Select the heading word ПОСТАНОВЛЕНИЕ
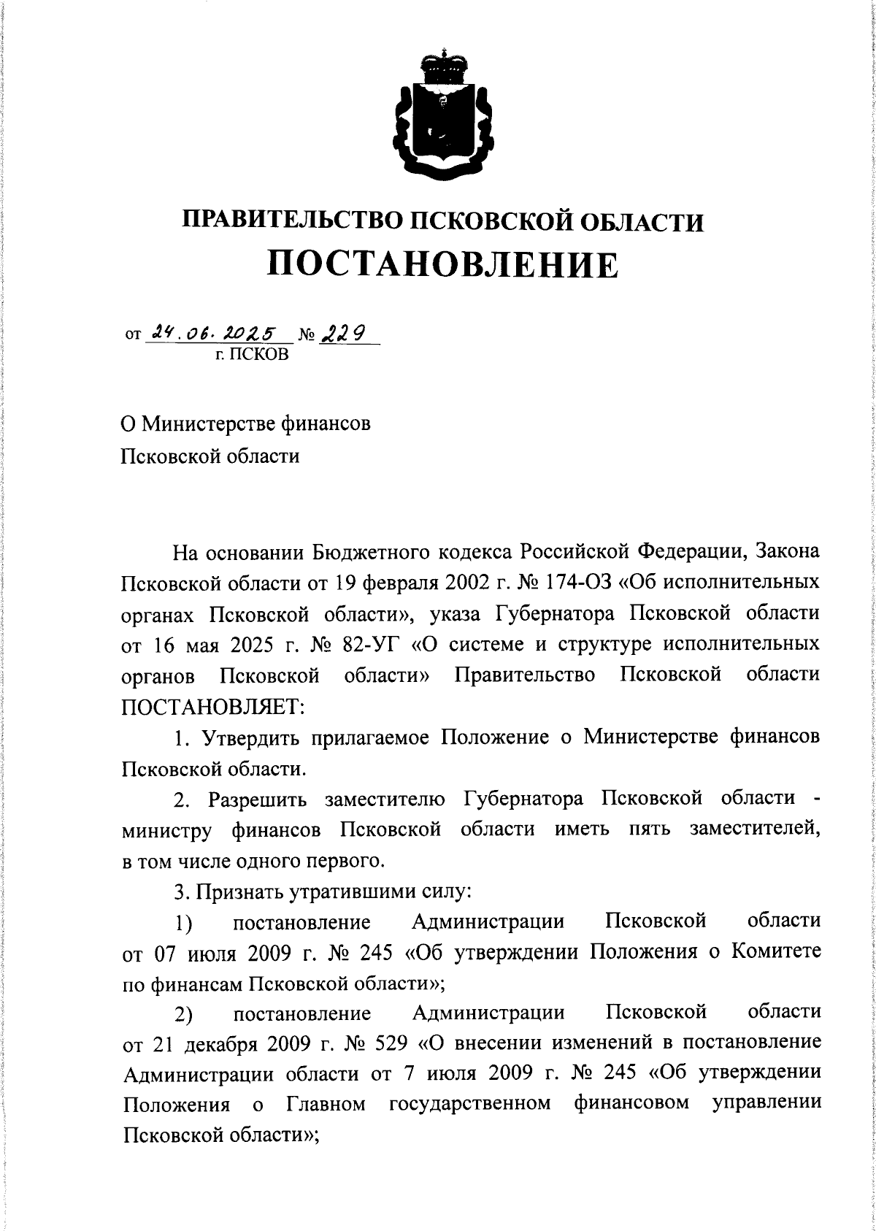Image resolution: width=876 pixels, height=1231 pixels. pos(442,264)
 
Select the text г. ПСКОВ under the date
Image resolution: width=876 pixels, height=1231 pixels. pos(252,356)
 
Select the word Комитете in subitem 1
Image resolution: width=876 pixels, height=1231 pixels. pos(766,952)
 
